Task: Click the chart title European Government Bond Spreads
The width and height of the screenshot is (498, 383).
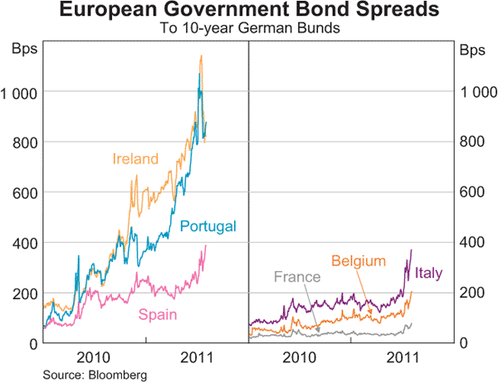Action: coord(248,12)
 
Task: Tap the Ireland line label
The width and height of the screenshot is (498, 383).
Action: coord(135,158)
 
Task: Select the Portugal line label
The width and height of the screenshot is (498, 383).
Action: coord(207,225)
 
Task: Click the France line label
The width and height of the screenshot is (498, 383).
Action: coord(296,277)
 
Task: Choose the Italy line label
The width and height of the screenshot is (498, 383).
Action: coord(428,272)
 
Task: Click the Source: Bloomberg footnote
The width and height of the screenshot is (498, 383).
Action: coord(89,374)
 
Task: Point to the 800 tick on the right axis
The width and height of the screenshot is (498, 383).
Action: coord(472,142)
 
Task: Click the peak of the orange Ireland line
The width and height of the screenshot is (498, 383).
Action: coord(201,56)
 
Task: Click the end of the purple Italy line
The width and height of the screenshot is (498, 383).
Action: coord(411,250)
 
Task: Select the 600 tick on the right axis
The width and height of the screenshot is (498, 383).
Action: coord(472,192)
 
